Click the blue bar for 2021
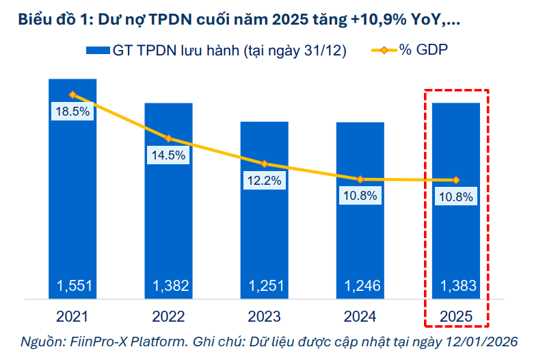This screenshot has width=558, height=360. (72, 205)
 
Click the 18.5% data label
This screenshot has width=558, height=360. (72, 112)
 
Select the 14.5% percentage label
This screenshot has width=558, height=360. (168, 155)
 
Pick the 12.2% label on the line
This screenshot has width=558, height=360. (264, 181)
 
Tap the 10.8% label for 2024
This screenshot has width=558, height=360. (360, 196)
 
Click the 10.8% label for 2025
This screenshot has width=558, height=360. (455, 196)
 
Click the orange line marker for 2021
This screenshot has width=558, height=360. (72, 94)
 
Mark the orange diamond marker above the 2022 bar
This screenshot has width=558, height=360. (168, 138)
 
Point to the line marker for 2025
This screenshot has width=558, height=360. (455, 180)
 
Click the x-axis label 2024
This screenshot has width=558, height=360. (360, 316)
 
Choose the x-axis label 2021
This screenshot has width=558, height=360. (72, 316)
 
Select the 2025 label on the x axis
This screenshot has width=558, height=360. (455, 316)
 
